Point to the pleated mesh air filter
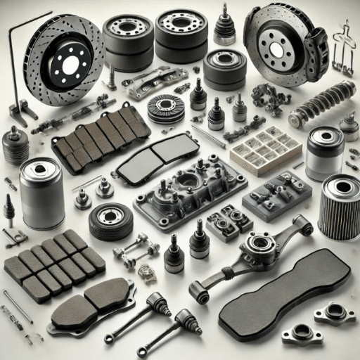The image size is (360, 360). coord(339,207)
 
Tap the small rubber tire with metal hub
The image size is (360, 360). coord(111,221)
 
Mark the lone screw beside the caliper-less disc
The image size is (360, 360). coord(111,75)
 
